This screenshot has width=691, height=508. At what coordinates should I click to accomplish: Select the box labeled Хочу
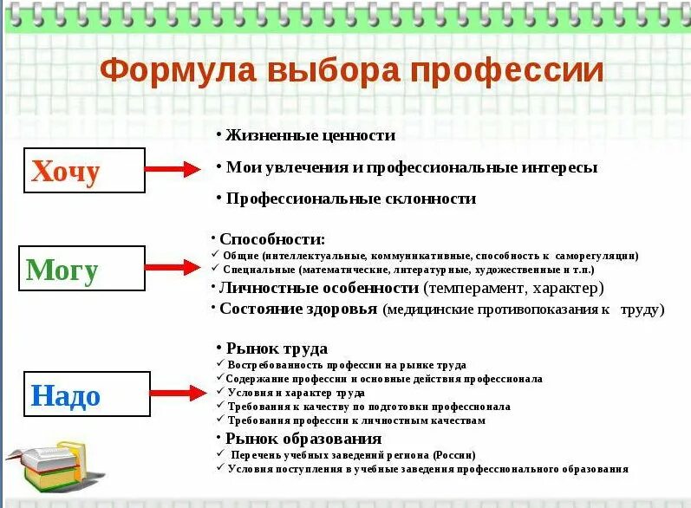pyautogui.click(x=84, y=171)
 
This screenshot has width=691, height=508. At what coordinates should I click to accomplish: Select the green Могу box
pyautogui.click(x=82, y=269)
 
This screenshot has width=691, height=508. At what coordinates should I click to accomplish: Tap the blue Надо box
pyautogui.click(x=87, y=395)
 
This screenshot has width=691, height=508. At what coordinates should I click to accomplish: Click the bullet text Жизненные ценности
pyautogui.click(x=310, y=135)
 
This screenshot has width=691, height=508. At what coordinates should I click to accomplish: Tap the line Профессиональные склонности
pyautogui.click(x=351, y=199)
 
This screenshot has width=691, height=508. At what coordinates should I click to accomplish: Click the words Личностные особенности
pyautogui.click(x=319, y=288)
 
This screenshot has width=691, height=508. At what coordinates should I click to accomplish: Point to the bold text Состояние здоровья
pyautogui.click(x=298, y=309)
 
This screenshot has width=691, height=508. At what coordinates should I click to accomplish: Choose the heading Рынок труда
pyautogui.click(x=277, y=348)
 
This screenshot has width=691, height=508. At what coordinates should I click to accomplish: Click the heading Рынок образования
pyautogui.click(x=303, y=439)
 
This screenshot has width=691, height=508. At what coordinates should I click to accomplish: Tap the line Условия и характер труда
pyautogui.click(x=296, y=393)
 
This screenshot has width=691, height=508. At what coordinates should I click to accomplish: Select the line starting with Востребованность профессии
pyautogui.click(x=347, y=365)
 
